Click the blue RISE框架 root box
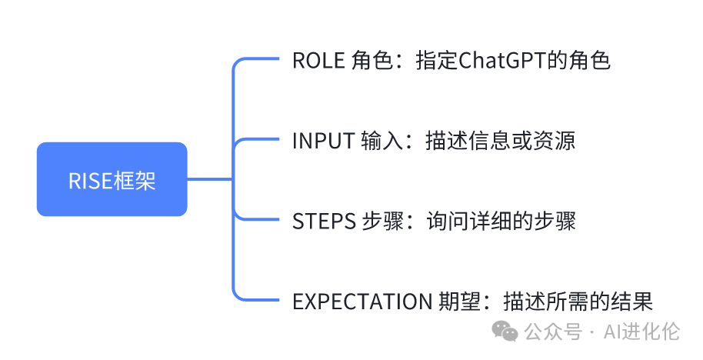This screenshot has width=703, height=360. [112, 179]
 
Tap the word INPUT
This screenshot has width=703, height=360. [323, 142]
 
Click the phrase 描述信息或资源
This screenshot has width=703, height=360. [500, 142]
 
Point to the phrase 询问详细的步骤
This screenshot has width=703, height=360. [500, 222]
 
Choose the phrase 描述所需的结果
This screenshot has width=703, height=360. [578, 302]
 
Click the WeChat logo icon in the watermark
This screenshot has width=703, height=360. [505, 332]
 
